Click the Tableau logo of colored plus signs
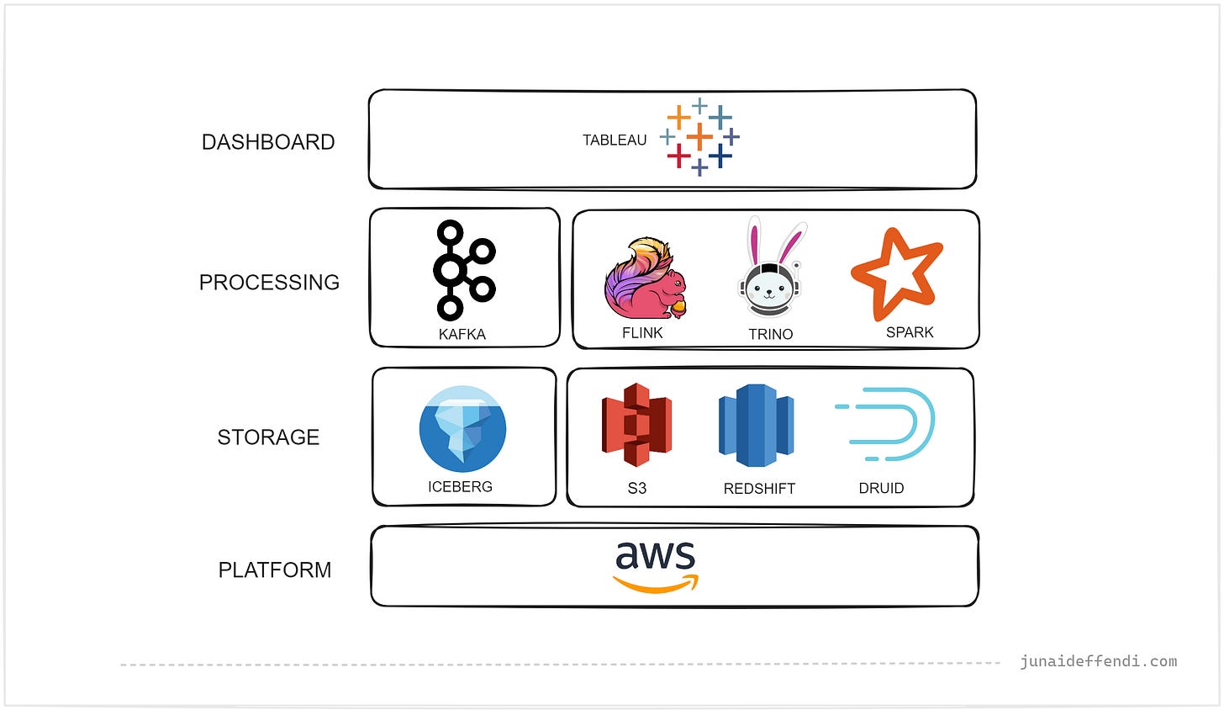click(699, 137)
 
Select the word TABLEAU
click(615, 140)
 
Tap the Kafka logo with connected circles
click(463, 269)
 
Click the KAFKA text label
click(462, 335)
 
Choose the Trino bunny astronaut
click(771, 269)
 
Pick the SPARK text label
click(910, 332)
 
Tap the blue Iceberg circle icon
click(462, 429)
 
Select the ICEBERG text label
click(460, 487)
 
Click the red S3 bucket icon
click(636, 425)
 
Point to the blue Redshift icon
click(757, 425)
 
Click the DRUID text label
click(881, 489)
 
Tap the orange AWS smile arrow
click(656, 584)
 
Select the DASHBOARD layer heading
click(268, 142)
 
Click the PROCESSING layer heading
click(269, 283)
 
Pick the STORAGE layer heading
click(268, 437)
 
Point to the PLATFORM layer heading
click(275, 570)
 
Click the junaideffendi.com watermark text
click(1098, 661)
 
